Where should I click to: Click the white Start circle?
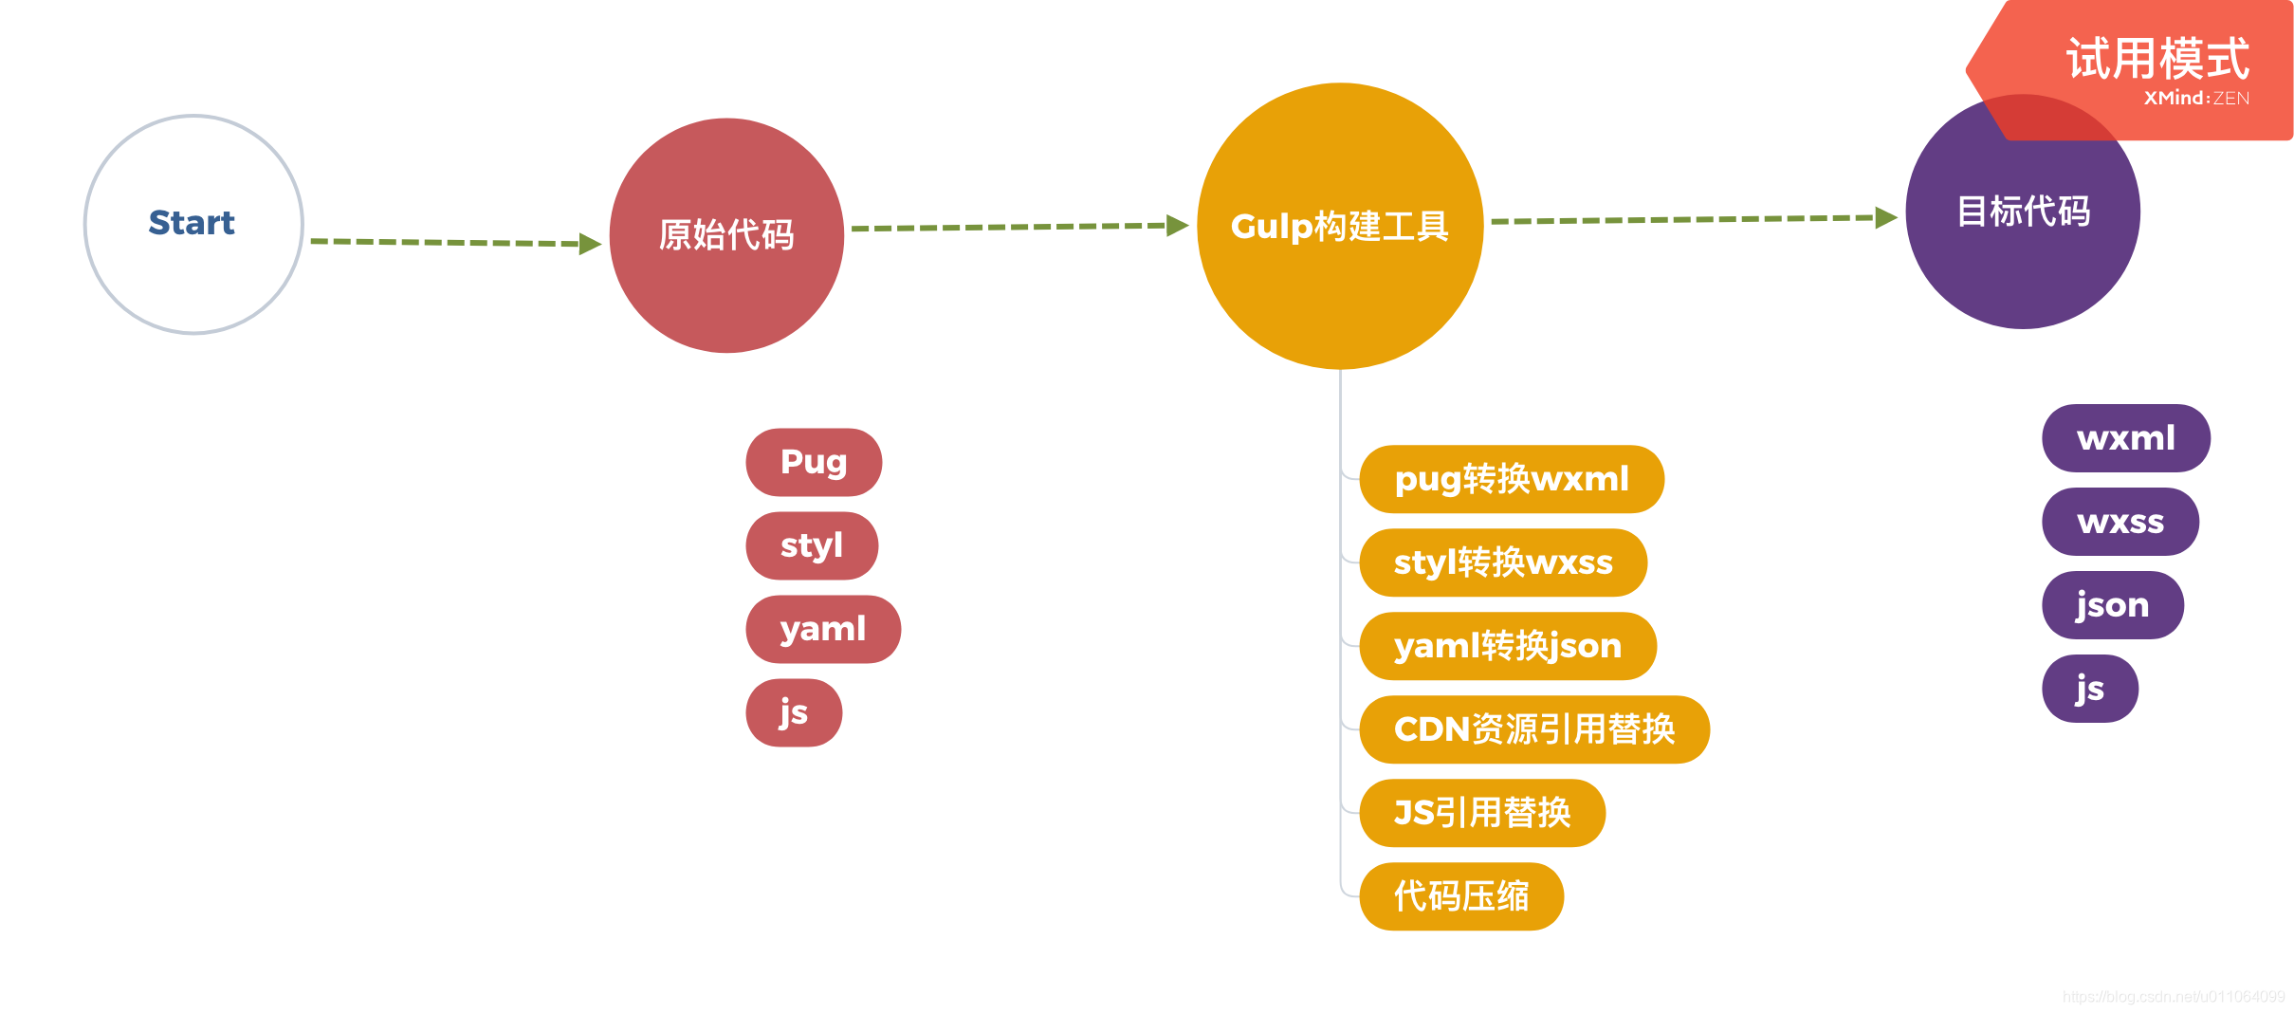coord(193,224)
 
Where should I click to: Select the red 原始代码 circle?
coord(726,235)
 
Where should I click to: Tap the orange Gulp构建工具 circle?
coord(1340,226)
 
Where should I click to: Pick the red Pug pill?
coord(814,462)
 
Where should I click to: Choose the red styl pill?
coord(812,545)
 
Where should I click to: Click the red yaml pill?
coord(823,629)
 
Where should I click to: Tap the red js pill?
coord(794,712)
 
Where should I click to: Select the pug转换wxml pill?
coord(1512,479)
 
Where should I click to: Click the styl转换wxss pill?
coord(1503,562)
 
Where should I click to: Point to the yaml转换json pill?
coord(1508,646)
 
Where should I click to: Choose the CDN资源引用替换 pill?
coord(1534,729)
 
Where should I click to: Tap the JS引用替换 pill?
coord(1482,813)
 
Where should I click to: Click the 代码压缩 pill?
coord(1461,896)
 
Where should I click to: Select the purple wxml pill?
coord(2126,438)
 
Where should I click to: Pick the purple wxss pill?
coord(2120,522)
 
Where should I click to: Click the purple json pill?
coord(2113,605)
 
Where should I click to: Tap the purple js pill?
coord(2090,689)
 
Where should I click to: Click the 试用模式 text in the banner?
coord(2157,59)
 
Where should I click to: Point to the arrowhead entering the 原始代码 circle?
coord(590,244)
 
